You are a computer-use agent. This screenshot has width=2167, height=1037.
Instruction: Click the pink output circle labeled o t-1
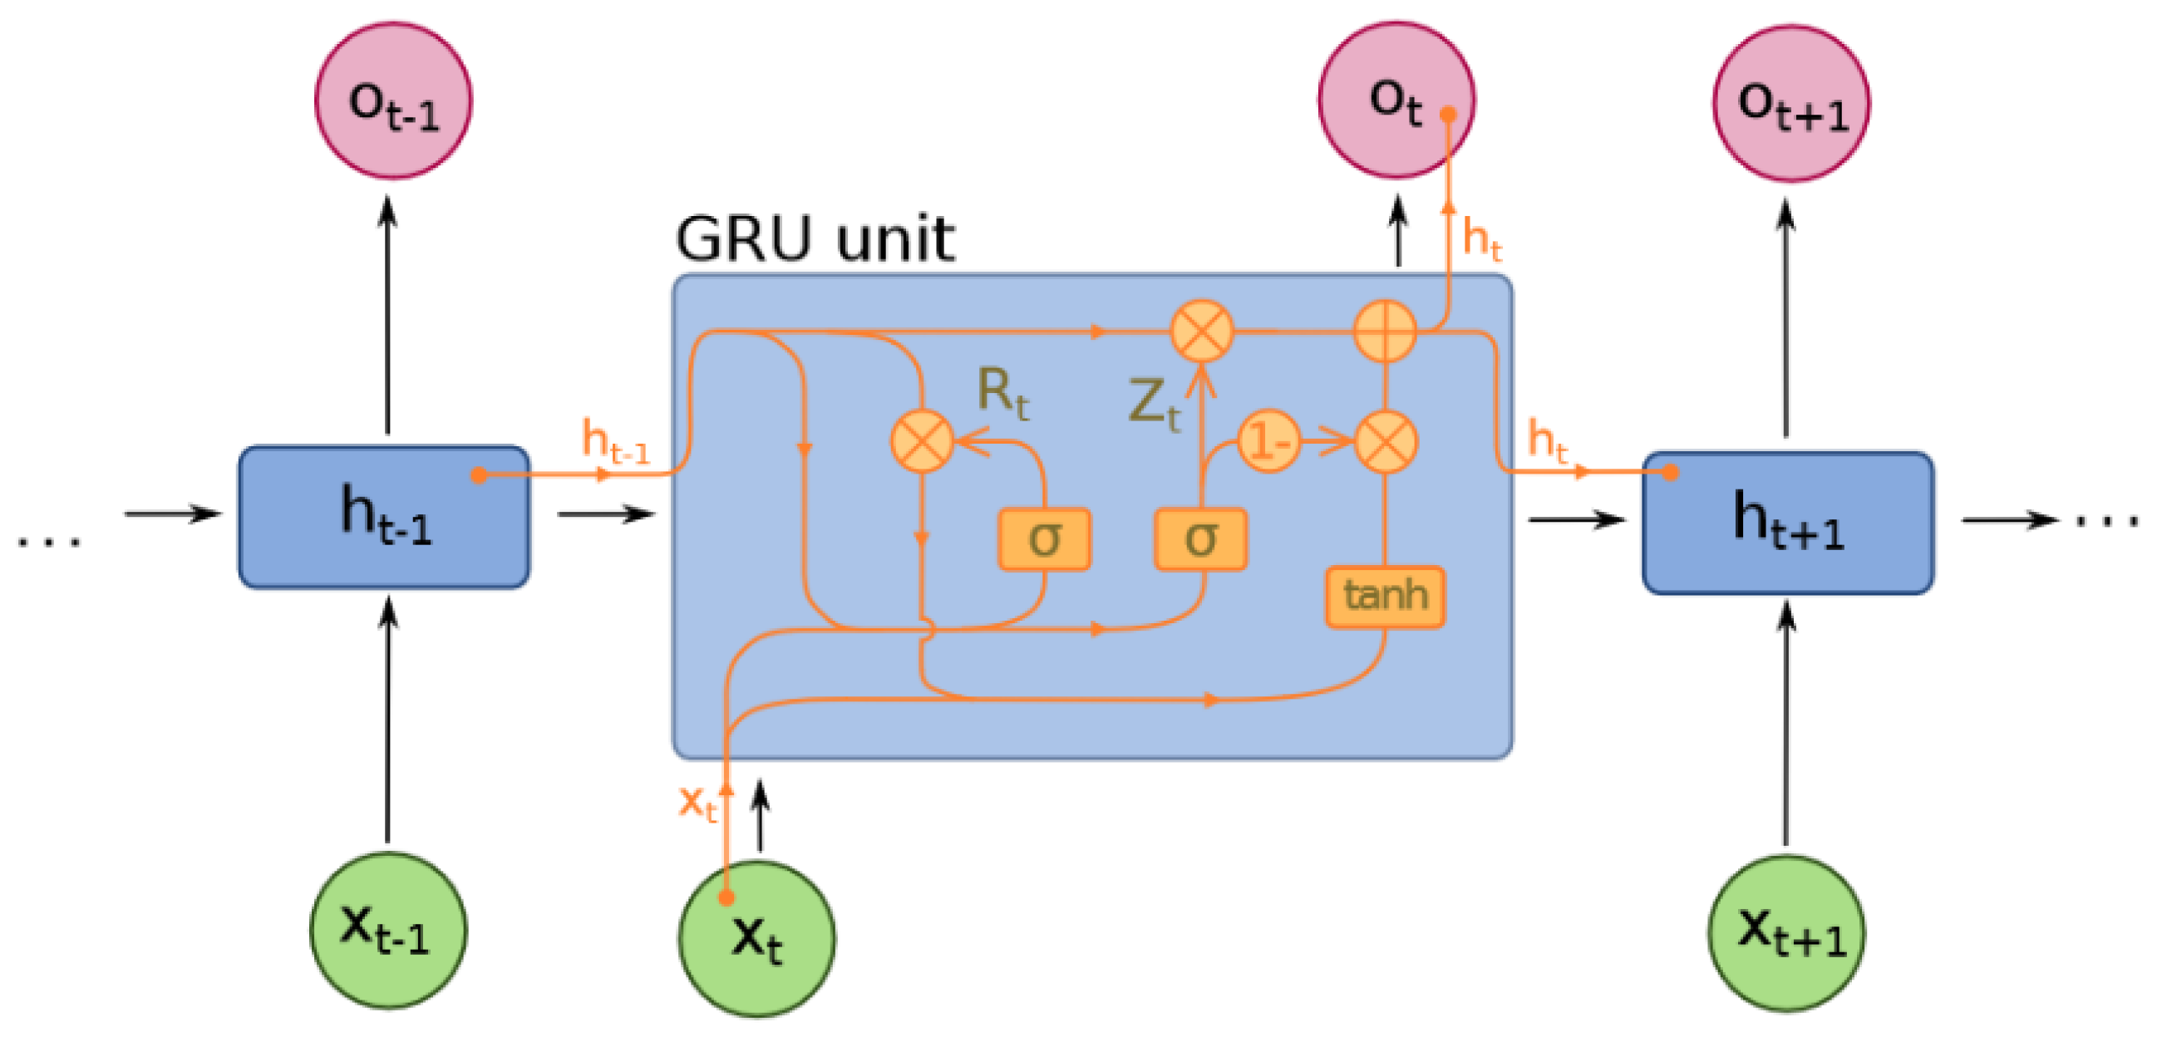click(393, 101)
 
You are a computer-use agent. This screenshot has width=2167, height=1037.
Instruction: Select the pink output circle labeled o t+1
click(1791, 103)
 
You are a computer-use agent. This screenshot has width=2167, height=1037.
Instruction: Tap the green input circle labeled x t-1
click(388, 930)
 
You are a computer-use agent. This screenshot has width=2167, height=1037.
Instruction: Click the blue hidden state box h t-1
click(383, 516)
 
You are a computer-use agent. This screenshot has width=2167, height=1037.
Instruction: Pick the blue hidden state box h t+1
click(1788, 523)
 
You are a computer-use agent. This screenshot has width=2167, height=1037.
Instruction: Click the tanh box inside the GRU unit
click(1385, 597)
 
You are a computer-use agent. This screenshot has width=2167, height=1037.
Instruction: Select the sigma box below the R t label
click(1044, 539)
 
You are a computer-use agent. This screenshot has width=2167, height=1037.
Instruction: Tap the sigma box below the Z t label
click(1200, 539)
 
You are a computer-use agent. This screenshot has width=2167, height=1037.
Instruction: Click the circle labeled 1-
click(1268, 440)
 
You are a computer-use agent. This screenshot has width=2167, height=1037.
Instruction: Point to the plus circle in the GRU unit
click(1385, 331)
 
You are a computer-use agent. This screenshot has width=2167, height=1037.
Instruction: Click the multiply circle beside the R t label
click(922, 440)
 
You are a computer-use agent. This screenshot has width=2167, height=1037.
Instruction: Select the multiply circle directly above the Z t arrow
click(1202, 331)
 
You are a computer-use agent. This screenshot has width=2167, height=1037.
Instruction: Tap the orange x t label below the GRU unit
click(697, 803)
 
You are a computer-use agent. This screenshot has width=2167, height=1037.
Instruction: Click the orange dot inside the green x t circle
click(726, 897)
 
